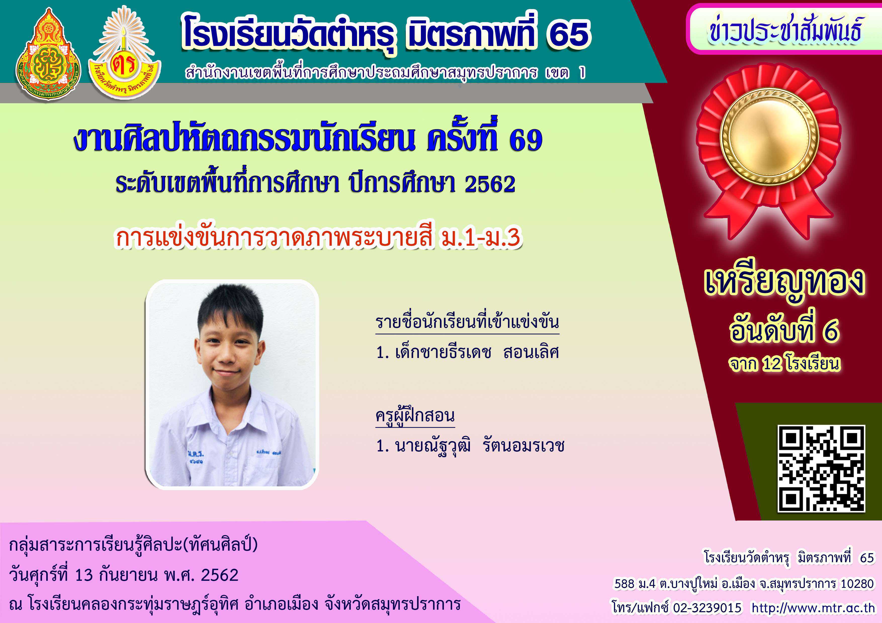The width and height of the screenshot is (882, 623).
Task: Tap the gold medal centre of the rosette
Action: (x=769, y=137)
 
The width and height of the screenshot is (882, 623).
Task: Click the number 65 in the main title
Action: (x=568, y=34)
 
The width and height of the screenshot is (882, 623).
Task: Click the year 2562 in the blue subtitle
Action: (x=490, y=184)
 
